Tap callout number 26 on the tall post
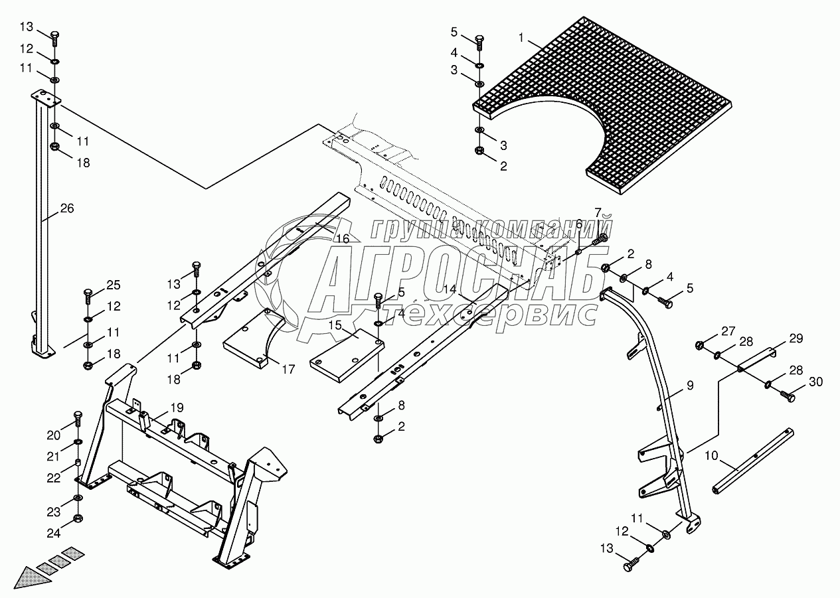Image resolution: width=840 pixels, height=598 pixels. point(67,208)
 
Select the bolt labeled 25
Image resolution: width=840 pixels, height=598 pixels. point(88,294)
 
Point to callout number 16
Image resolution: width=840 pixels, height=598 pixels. point(341,238)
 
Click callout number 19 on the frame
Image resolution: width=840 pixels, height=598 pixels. point(176,408)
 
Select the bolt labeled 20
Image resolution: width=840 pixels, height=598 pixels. point(78,419)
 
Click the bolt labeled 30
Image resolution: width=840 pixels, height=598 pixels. point(788,397)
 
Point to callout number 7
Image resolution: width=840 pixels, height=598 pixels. point(597,212)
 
